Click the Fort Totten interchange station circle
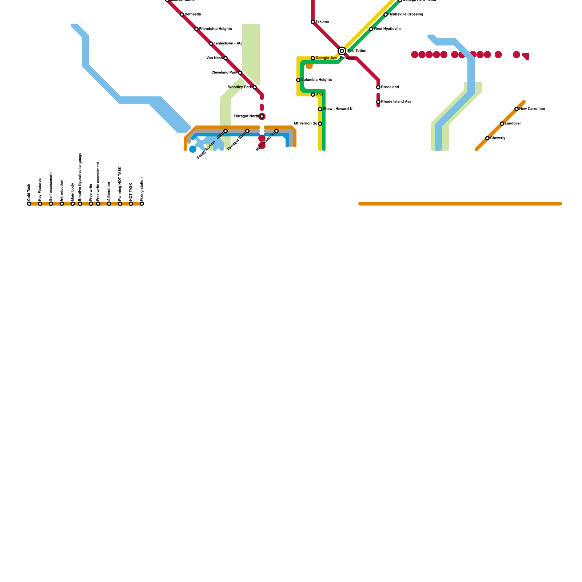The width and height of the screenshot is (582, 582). tap(342, 51)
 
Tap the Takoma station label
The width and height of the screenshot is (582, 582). tap(322, 22)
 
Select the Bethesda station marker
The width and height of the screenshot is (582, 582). tap(182, 15)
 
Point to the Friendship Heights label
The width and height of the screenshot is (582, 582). tap(215, 29)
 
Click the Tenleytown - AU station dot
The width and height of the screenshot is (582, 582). tap(211, 44)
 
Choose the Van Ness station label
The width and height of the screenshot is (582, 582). tap(214, 58)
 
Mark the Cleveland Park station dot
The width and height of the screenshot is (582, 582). tap(240, 73)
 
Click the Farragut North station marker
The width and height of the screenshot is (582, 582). tap(262, 116)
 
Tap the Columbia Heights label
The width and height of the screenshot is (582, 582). tap(316, 80)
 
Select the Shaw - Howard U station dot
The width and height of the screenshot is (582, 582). tap(320, 109)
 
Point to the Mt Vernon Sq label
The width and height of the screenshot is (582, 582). tap(306, 124)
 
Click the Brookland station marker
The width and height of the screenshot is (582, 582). tap(378, 87)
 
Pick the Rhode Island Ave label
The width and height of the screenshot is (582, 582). tap(396, 102)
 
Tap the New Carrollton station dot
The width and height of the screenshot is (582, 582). tap(517, 109)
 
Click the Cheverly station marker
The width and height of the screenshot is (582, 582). tap(487, 138)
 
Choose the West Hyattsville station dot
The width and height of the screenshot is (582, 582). tap(371, 29)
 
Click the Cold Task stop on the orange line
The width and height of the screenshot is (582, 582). tap(29, 204)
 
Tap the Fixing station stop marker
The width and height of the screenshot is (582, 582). tap(142, 204)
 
